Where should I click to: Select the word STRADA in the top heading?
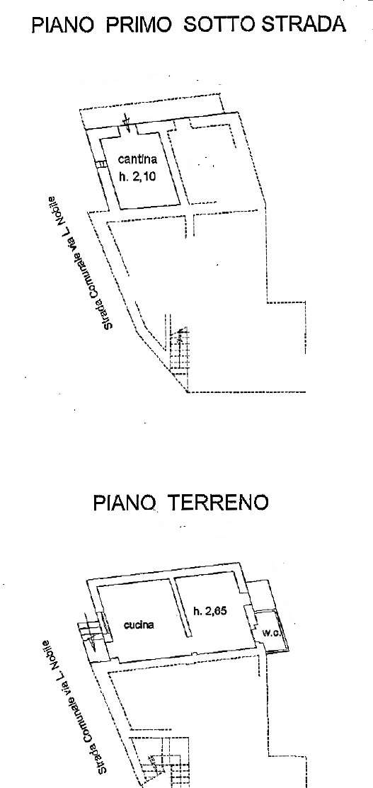click(304, 24)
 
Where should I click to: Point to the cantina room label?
click(137, 160)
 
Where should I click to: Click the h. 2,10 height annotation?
click(137, 176)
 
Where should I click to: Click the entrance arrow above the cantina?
click(127, 122)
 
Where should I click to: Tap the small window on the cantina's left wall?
click(101, 164)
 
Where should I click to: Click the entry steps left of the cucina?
click(88, 635)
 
